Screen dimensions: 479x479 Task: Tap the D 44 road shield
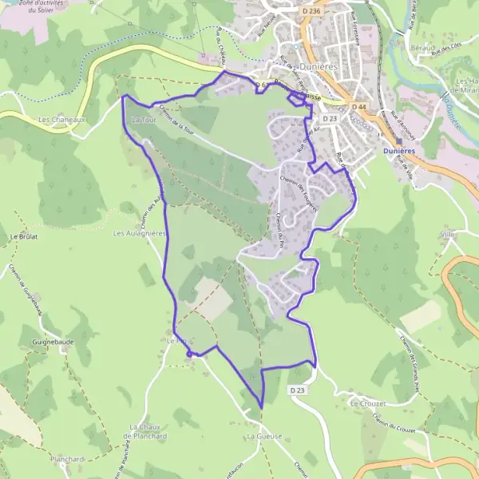[x=361, y=107]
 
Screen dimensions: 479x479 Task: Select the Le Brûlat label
[x=25, y=237]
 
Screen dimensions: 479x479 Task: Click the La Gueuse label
[x=264, y=437]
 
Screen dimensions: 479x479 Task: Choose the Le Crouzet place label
[x=368, y=404]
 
